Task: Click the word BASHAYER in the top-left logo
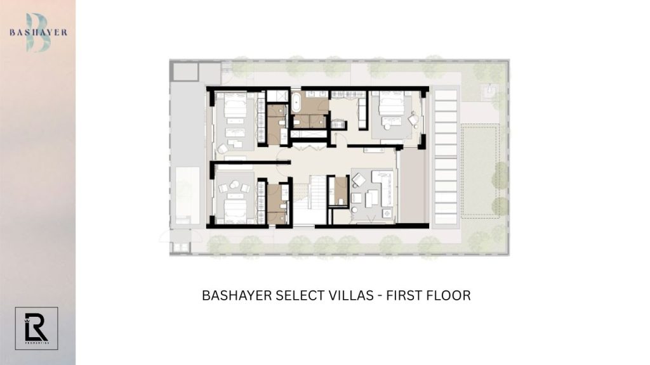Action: coord(38,32)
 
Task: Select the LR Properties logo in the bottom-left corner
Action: coord(36,328)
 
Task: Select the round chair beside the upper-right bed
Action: coord(413,119)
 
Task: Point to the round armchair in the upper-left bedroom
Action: coord(223,148)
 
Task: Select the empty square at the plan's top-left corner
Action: coord(185,71)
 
